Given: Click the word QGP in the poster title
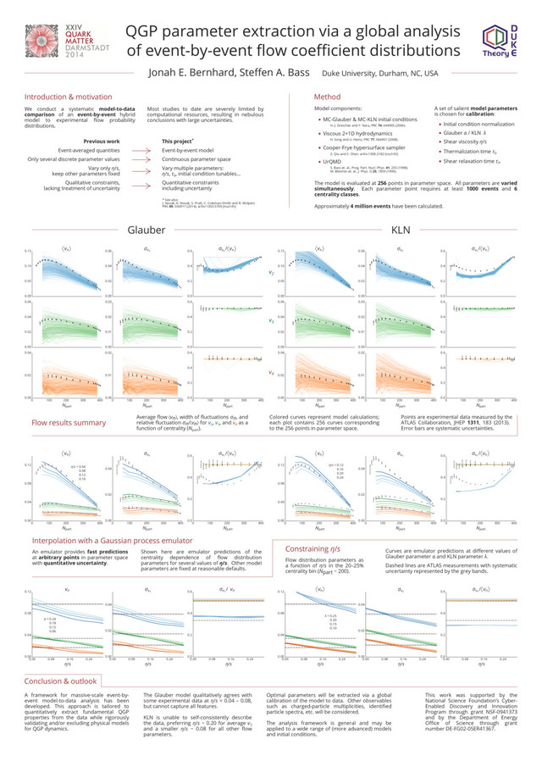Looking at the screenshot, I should tap(151, 31).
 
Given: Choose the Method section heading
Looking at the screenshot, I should tap(327, 97).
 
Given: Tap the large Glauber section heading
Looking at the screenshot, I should tap(146, 230).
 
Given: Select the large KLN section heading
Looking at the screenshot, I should tap(401, 230).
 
